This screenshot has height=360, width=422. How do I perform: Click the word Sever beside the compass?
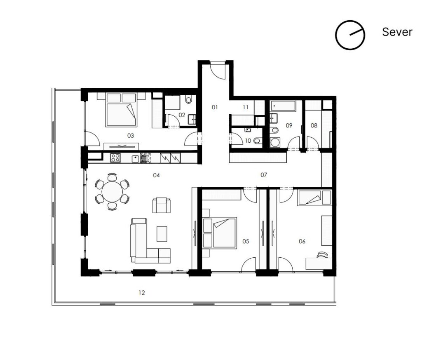(397, 32)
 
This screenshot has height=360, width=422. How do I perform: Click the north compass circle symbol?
(350, 35)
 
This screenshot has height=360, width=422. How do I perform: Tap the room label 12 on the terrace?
(142, 293)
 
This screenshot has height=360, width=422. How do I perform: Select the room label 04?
(156, 175)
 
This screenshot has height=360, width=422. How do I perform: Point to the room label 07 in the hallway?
(264, 175)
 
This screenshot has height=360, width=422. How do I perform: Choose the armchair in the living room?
(161, 205)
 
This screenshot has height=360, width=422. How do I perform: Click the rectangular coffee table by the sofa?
(162, 234)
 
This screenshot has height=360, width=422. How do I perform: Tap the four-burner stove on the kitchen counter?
(115, 158)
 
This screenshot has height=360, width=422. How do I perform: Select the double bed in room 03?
(121, 110)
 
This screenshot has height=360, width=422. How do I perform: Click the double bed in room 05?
(220, 233)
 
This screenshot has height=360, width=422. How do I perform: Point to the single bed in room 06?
(314, 198)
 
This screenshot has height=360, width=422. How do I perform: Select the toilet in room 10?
(256, 141)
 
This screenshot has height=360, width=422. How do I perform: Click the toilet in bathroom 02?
(189, 99)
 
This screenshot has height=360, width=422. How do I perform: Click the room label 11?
(246, 107)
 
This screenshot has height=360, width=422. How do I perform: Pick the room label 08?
(314, 125)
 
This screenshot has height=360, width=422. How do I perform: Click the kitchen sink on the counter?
(144, 158)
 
